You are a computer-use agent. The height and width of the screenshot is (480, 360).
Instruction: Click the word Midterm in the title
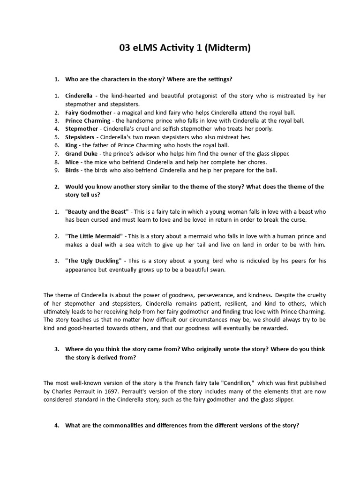click(x=224, y=48)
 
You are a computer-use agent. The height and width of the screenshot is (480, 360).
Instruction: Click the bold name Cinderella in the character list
click(x=79, y=96)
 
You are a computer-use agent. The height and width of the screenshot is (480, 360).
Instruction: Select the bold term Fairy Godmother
click(x=89, y=112)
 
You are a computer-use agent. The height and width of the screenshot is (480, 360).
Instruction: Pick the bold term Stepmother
click(x=82, y=129)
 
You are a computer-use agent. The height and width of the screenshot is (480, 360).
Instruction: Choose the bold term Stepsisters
click(x=80, y=137)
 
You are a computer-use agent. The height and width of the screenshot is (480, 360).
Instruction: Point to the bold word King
click(x=71, y=145)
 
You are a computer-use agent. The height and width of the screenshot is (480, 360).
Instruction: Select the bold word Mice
click(x=72, y=162)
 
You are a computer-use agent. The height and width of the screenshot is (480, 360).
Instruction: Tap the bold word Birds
click(x=73, y=170)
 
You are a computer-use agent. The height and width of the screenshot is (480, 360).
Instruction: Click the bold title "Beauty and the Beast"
click(x=97, y=211)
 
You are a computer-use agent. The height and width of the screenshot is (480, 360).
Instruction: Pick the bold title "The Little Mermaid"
click(x=94, y=236)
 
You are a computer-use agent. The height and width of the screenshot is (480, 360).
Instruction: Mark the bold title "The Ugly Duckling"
click(x=93, y=261)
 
